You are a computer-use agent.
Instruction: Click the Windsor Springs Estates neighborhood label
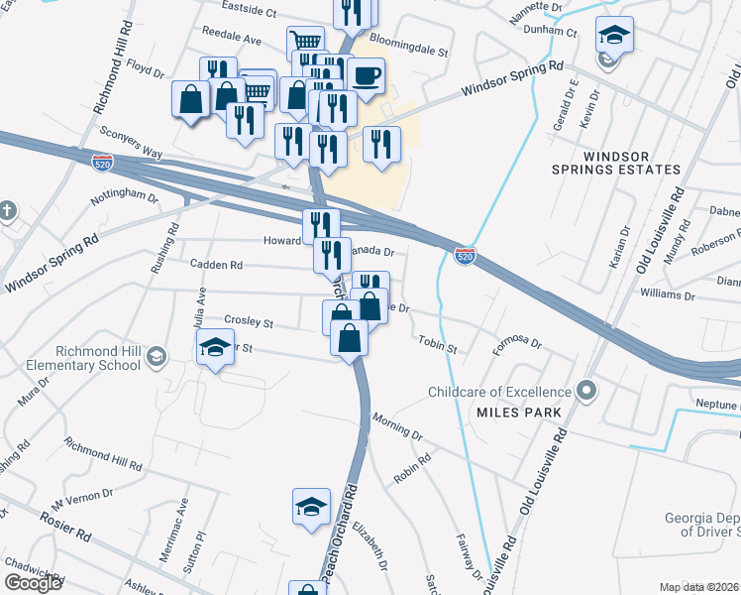632,163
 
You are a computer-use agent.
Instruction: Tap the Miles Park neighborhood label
518,412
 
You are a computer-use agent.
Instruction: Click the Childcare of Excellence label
499,391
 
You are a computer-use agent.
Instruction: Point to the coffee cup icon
366,74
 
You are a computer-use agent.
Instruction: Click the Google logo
33,582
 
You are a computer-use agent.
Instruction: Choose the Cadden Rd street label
215,266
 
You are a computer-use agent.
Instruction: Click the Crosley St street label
248,322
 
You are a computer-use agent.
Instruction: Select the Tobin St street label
437,346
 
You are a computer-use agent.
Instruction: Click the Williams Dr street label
667,294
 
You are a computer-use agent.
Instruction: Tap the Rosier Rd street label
65,527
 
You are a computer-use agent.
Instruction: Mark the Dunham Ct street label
551,31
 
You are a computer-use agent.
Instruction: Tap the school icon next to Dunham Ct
614,36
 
